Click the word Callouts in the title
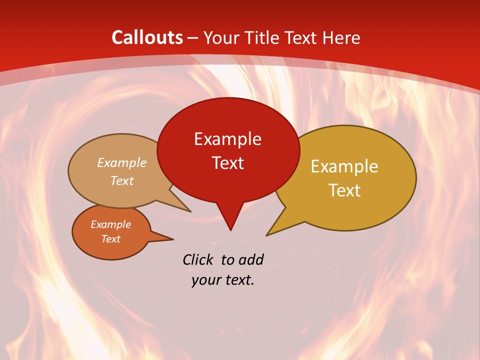coord(147,37)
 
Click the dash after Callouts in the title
coord(193,38)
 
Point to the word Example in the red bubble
coord(227,139)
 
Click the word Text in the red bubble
coord(227,163)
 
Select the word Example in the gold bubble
coord(344,166)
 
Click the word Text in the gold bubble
coord(344,190)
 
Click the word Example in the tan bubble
coord(121,163)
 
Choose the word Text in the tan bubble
coord(121,180)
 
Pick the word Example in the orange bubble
coord(110,224)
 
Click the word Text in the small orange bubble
coord(110,239)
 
